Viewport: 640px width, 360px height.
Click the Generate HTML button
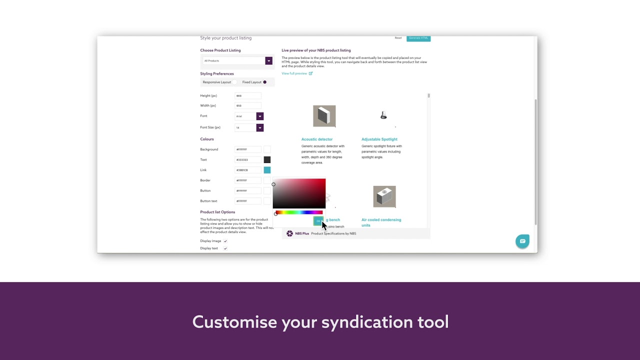(418, 38)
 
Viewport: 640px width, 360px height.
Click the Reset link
(398, 38)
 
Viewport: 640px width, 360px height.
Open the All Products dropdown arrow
(268, 61)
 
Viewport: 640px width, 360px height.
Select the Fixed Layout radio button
(264, 82)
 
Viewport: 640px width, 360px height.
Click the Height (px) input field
(247, 95)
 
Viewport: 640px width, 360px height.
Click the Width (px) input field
(247, 105)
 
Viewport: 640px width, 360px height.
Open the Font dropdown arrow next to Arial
(259, 116)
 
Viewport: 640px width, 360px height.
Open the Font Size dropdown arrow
(259, 127)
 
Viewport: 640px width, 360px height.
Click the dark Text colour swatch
(267, 160)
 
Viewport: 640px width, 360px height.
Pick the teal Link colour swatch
(267, 170)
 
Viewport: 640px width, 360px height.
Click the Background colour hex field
(247, 149)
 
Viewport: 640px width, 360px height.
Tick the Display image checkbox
(225, 241)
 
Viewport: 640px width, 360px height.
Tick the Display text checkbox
(225, 248)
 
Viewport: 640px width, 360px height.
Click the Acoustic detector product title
(317, 139)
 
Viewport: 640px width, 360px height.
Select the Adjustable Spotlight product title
(379, 139)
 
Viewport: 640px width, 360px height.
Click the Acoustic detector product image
(324, 116)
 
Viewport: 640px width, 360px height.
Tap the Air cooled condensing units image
(384, 196)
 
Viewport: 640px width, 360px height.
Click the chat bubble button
(522, 241)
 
